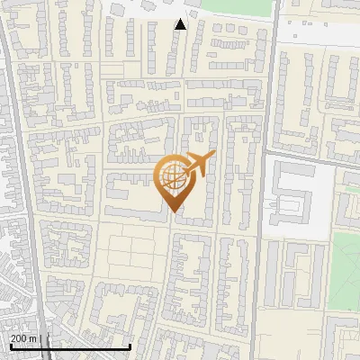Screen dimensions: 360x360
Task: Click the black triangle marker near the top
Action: (x=180, y=24)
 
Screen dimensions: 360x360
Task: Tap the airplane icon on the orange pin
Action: (x=197, y=165)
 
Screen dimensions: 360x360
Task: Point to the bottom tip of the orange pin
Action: (x=174, y=212)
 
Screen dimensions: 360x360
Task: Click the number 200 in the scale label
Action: (x=21, y=338)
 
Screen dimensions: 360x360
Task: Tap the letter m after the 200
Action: (x=34, y=338)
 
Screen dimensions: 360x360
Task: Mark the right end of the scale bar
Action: (x=131, y=346)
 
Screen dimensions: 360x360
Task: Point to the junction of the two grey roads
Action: (x=268, y=153)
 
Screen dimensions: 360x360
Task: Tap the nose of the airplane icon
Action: (x=212, y=156)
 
